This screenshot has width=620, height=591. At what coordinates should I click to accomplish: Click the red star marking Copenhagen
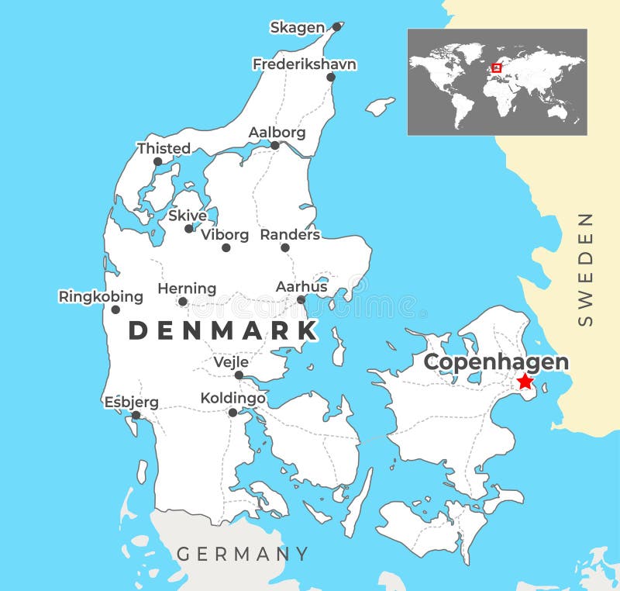(x=525, y=381)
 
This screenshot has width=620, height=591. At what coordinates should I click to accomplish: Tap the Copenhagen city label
(x=496, y=362)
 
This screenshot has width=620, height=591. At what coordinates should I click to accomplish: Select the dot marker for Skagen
(x=336, y=26)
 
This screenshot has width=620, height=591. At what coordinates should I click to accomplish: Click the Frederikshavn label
(x=305, y=64)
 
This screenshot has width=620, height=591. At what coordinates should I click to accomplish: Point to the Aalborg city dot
(x=274, y=145)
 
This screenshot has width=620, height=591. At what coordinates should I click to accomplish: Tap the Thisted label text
(x=164, y=147)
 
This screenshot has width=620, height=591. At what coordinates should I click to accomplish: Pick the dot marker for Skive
(x=188, y=228)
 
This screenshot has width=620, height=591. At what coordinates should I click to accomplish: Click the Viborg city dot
(x=226, y=247)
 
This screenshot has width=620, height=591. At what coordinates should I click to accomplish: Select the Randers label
(x=290, y=233)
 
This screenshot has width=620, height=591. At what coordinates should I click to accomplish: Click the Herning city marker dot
(x=183, y=302)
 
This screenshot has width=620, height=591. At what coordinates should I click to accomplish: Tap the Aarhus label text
(x=301, y=286)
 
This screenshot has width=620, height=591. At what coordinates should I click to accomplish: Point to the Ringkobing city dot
(x=115, y=309)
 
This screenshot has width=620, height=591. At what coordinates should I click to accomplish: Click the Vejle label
(x=231, y=361)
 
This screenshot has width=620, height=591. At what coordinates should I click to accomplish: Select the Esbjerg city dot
(x=136, y=415)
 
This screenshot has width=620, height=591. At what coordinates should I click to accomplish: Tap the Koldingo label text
(x=232, y=398)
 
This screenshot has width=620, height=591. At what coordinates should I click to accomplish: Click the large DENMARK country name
(x=223, y=330)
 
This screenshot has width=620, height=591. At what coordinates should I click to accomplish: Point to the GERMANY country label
(x=243, y=554)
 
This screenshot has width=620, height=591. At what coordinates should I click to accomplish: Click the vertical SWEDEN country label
(x=586, y=268)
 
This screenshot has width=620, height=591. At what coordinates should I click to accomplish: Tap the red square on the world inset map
(x=497, y=68)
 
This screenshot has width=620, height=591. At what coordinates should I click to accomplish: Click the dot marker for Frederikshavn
(x=331, y=77)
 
